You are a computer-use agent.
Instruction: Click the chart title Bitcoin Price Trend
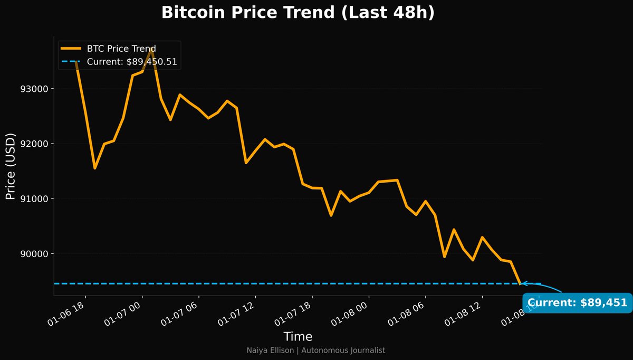tap(298, 13)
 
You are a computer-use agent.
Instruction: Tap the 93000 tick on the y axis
tap(34, 89)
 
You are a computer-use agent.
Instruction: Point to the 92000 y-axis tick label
tap(34, 144)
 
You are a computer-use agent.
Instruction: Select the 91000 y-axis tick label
tap(34, 199)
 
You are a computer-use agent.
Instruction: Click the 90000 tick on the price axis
tap(34, 254)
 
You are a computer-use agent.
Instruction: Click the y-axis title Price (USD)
tap(10, 166)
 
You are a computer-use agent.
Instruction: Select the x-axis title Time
tap(298, 337)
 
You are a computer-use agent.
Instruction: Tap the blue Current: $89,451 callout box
tap(577, 303)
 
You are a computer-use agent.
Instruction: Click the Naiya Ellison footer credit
tap(316, 350)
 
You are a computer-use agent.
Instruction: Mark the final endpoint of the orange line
tap(521, 284)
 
